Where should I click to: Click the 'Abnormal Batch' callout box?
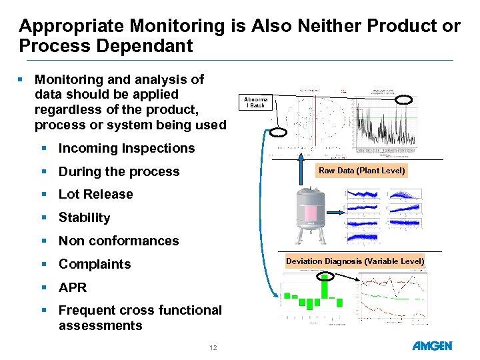pos(255,103)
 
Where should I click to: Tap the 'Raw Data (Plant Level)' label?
pos(361,171)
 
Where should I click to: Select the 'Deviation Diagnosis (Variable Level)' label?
pos(355,261)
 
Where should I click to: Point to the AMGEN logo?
pos(432,346)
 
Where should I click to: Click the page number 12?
pos(213,347)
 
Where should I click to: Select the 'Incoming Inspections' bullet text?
pos(127,148)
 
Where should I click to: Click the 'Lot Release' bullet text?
pos(96,194)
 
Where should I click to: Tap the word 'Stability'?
pos(85,217)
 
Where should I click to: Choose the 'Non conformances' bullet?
pos(119,241)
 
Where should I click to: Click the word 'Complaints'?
pos(95,264)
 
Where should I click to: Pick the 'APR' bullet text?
pos(73,287)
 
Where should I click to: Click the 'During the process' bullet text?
pos(119,171)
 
